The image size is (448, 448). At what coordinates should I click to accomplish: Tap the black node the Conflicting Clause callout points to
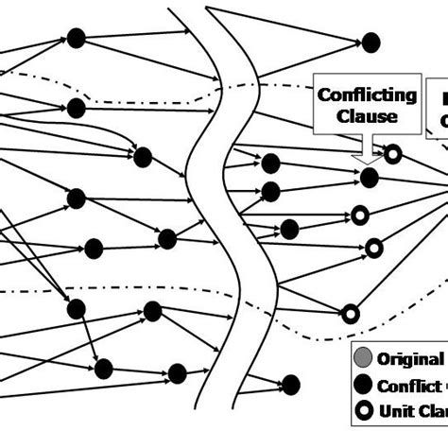pos(370,177)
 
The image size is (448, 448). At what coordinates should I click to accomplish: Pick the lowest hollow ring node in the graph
pos(351,313)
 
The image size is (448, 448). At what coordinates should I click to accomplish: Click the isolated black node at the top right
pos(370,42)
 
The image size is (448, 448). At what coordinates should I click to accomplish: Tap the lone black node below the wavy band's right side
pos(291,383)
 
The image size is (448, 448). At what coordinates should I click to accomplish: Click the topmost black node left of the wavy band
pos(77,38)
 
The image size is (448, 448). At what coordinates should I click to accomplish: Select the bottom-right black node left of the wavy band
pos(176,372)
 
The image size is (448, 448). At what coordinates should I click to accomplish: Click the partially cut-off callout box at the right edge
pos(439,109)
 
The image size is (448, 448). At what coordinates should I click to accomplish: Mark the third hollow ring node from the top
pos(374,248)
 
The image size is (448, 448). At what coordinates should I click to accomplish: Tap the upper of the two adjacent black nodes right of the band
pos(270,162)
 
